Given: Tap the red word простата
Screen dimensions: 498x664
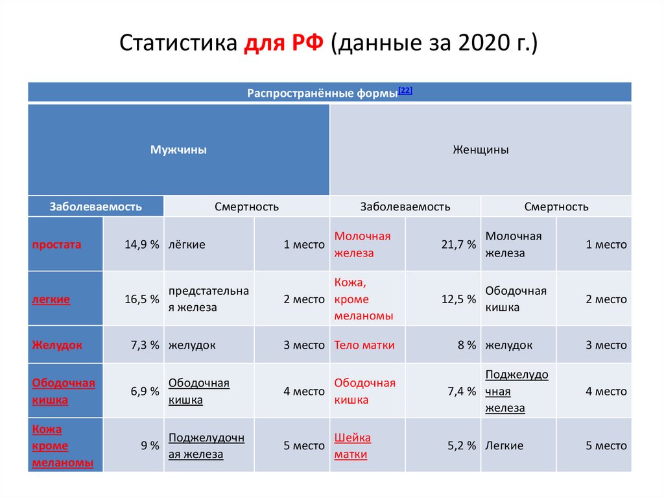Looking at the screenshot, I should (57, 245).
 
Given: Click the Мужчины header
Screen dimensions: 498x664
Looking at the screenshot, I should (178, 150).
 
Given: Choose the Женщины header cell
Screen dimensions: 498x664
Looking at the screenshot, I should (480, 150).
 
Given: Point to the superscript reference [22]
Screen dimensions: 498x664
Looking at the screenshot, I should (405, 91).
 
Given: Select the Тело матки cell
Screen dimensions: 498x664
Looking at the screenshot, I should (364, 345).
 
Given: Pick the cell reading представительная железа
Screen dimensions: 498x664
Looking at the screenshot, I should (208, 299).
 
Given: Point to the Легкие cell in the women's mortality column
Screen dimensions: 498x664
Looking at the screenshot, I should (504, 446).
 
